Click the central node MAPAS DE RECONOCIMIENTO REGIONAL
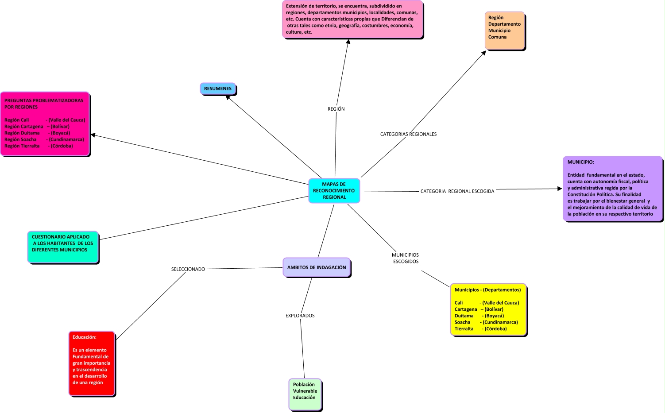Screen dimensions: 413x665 pyautogui.click(x=334, y=191)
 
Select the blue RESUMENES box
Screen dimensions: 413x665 pyautogui.click(x=218, y=89)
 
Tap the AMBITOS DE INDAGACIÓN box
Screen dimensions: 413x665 pyautogui.click(x=317, y=267)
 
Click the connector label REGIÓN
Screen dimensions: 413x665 pyautogui.click(x=336, y=109)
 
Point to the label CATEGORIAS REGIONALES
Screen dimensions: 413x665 pyautogui.click(x=408, y=134)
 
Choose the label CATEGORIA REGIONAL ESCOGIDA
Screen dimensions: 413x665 pyautogui.click(x=457, y=191)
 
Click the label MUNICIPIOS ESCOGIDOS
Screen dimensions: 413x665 pyautogui.click(x=406, y=258)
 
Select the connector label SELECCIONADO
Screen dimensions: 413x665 pyautogui.click(x=188, y=269)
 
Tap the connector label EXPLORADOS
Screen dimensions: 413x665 pyautogui.click(x=300, y=316)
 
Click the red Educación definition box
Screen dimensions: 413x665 pyautogui.click(x=92, y=363)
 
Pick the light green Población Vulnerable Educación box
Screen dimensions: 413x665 pyautogui.click(x=305, y=394)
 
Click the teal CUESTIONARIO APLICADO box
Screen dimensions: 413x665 pyautogui.click(x=62, y=247)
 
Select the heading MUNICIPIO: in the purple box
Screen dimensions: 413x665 pyautogui.click(x=581, y=162)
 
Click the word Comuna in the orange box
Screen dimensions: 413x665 pyautogui.click(x=497, y=37)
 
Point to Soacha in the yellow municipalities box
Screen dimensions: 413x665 pyautogui.click(x=462, y=322)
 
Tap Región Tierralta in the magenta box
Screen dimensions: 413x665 pyautogui.click(x=22, y=146)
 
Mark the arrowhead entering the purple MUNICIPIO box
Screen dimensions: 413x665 pyautogui.click(x=559, y=189)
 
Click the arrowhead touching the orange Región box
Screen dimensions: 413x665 pyautogui.click(x=484, y=53)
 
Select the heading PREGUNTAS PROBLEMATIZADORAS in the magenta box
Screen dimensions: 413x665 pyautogui.click(x=44, y=100)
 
